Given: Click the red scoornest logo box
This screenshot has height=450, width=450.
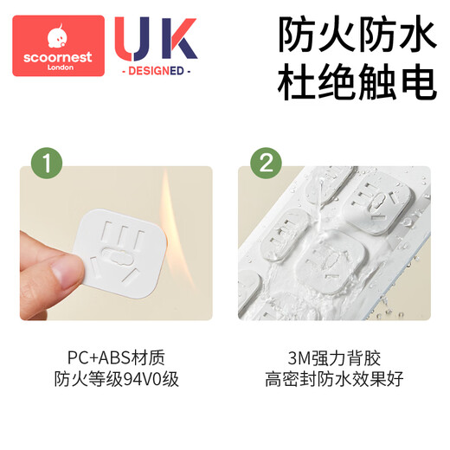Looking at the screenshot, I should (x=59, y=47).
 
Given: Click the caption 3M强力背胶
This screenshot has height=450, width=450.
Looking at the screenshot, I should (x=334, y=357).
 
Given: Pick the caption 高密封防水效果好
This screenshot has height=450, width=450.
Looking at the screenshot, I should (x=334, y=379).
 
